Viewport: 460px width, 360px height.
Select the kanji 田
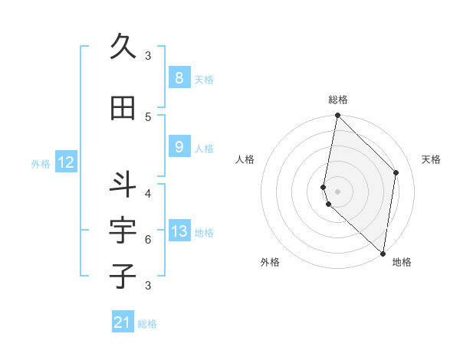(123, 108)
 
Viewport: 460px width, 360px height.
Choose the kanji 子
(123, 276)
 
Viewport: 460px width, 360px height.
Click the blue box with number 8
(179, 77)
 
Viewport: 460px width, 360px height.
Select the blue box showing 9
(179, 147)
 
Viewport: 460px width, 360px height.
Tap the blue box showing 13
(179, 231)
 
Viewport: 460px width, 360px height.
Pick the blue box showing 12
(65, 162)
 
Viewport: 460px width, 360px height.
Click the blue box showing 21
(123, 322)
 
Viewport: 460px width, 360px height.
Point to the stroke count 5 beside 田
(148, 116)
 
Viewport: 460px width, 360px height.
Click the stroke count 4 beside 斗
(148, 193)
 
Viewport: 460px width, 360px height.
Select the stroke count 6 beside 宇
(148, 239)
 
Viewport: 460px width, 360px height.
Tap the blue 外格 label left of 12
(41, 163)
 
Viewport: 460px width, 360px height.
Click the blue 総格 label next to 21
(147, 324)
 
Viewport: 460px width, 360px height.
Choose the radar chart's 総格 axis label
(338, 100)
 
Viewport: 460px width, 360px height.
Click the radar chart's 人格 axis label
(245, 159)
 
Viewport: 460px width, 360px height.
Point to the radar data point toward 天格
(396, 172)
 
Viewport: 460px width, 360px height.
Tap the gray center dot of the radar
(338, 191)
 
